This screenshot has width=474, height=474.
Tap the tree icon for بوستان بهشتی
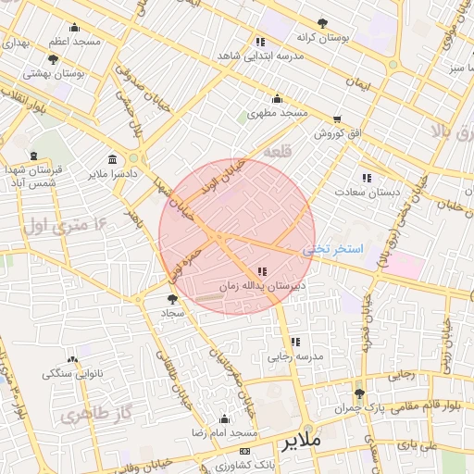pos(53,59)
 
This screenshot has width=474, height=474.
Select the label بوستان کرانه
pos(321,38)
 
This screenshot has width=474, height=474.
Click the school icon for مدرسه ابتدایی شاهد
pos(260,42)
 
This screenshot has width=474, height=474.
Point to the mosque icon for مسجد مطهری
pos(277,99)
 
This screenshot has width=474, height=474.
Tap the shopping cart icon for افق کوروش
pos(337,119)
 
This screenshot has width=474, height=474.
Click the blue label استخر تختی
pos(333,250)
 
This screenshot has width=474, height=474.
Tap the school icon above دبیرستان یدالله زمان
pos(263,271)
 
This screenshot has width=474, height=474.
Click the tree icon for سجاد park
pos(172,299)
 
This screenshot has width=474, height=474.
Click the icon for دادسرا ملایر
pos(113,158)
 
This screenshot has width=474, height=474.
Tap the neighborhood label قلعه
pos(277,151)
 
